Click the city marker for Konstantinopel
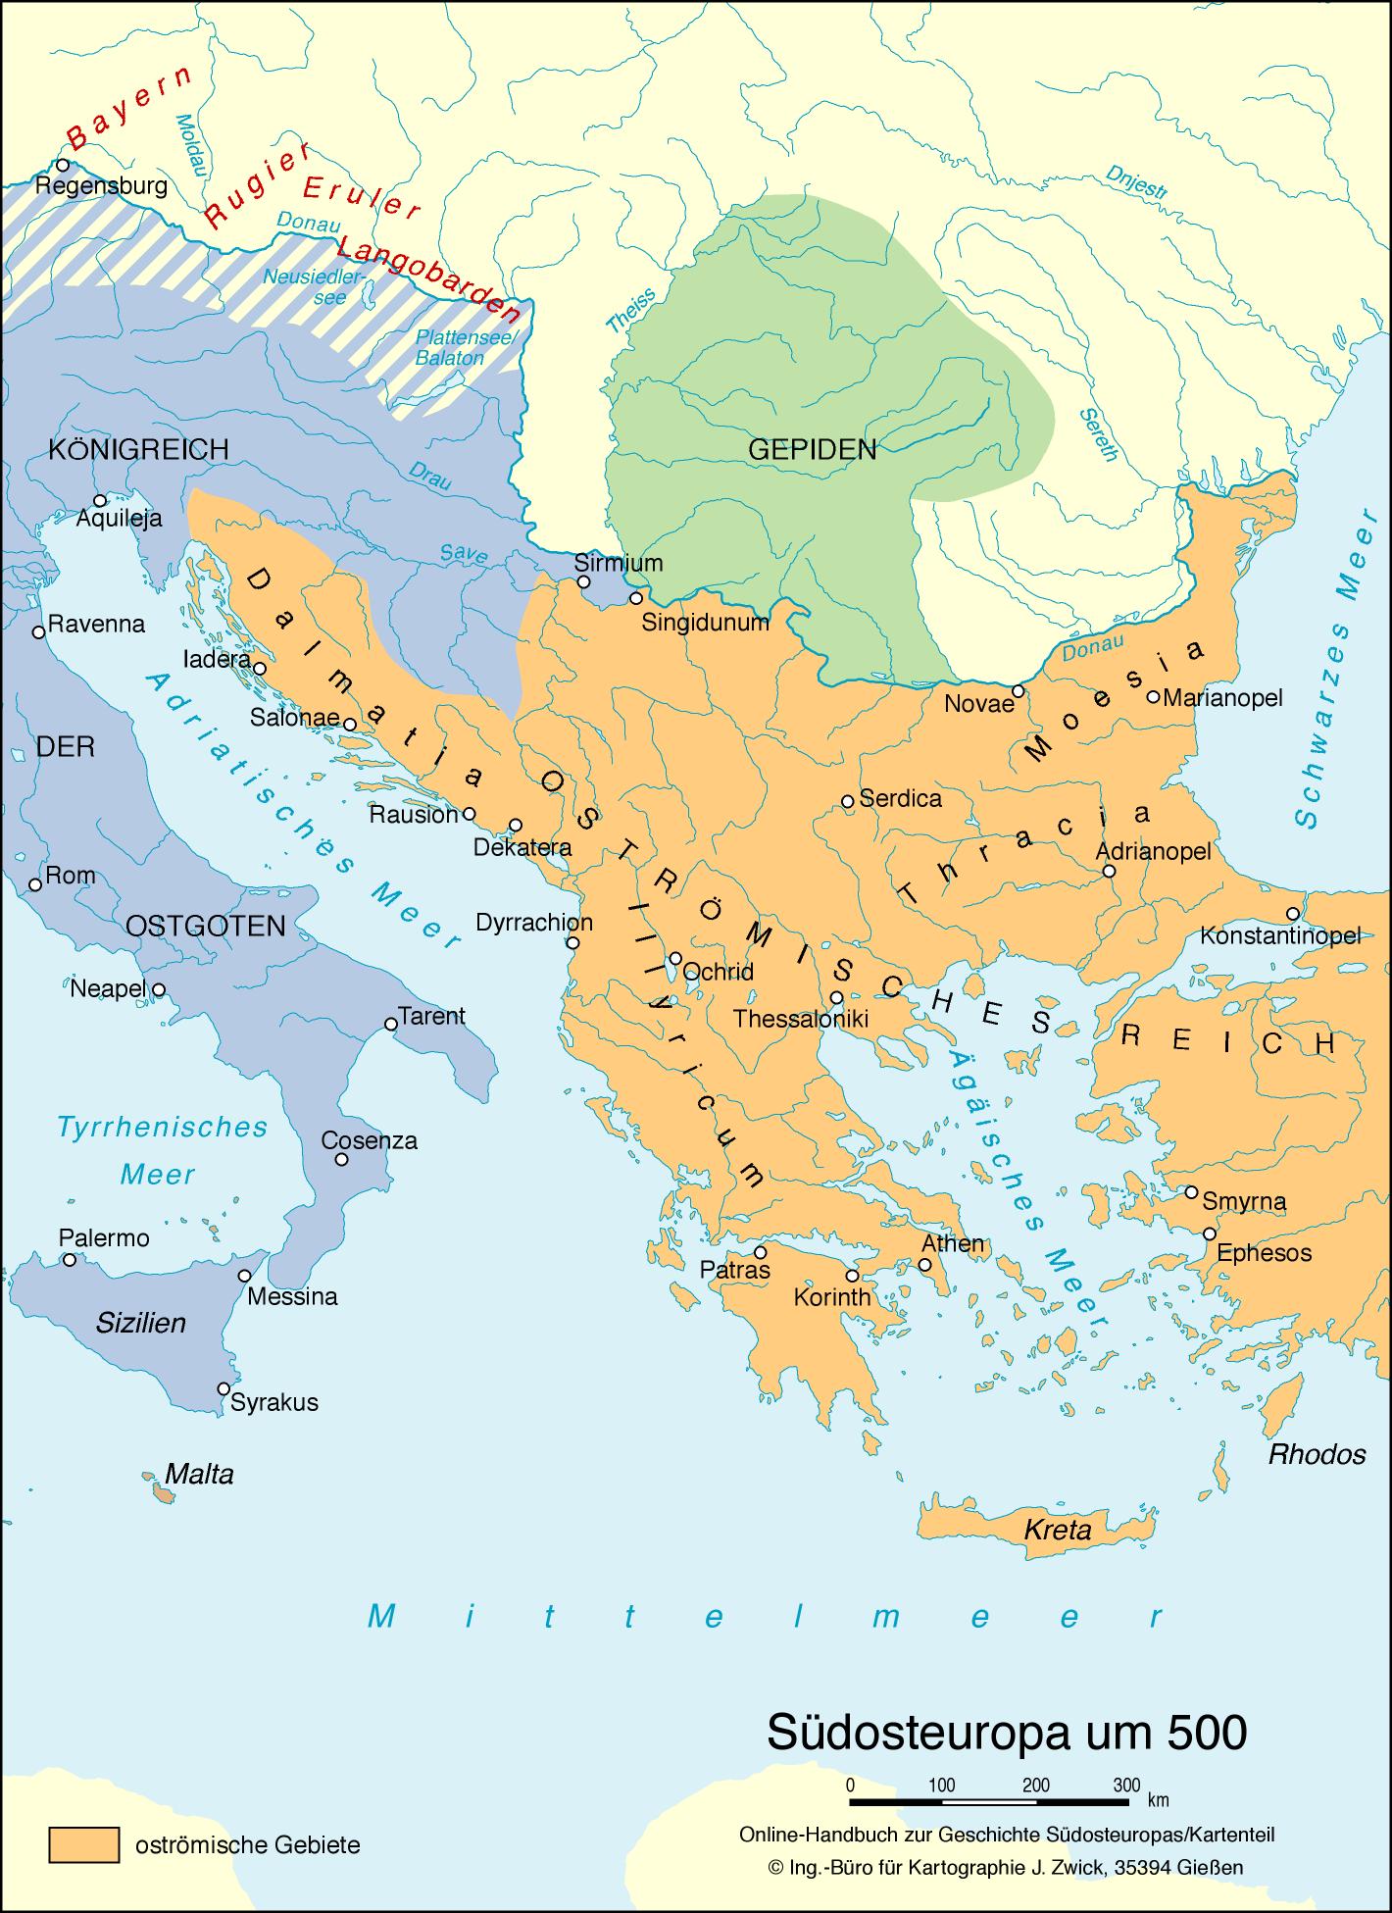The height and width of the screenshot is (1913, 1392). [x=1294, y=913]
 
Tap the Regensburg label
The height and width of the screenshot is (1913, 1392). [x=101, y=186]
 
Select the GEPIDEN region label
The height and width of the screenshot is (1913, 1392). [x=812, y=450]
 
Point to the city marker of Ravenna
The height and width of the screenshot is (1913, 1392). [x=39, y=632]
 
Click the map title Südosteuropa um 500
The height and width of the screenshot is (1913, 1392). [x=1006, y=1733]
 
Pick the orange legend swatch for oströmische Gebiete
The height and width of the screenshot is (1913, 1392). [x=84, y=1844]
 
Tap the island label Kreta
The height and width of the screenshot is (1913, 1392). [x=1057, y=1529]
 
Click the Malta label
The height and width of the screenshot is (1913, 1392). [x=199, y=1474]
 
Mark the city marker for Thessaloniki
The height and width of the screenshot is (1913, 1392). [x=836, y=997]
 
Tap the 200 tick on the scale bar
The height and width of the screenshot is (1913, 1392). [x=1035, y=1785]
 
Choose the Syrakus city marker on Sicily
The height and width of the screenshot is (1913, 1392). [x=224, y=1388]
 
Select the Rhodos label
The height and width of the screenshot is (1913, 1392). [x=1317, y=1453]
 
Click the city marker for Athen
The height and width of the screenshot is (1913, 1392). [x=925, y=1265]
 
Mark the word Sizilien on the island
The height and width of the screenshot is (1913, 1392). [x=141, y=1323]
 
